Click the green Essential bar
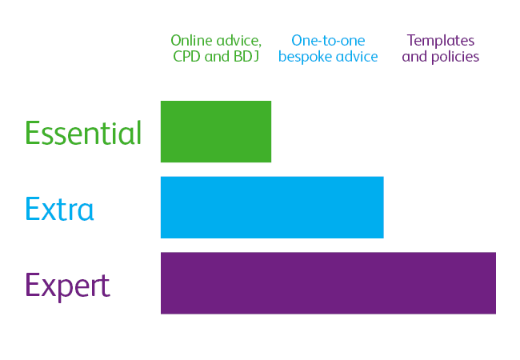(x=216, y=131)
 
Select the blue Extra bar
(x=272, y=207)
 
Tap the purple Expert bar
(x=328, y=283)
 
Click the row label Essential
(x=83, y=133)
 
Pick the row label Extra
(x=59, y=209)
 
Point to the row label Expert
(x=67, y=286)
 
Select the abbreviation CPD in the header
(x=188, y=57)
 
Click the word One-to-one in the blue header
(x=328, y=40)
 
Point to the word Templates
(x=441, y=40)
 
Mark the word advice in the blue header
(x=356, y=57)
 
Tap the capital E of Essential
(x=32, y=133)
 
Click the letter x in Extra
(x=46, y=210)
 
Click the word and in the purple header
(x=414, y=57)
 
